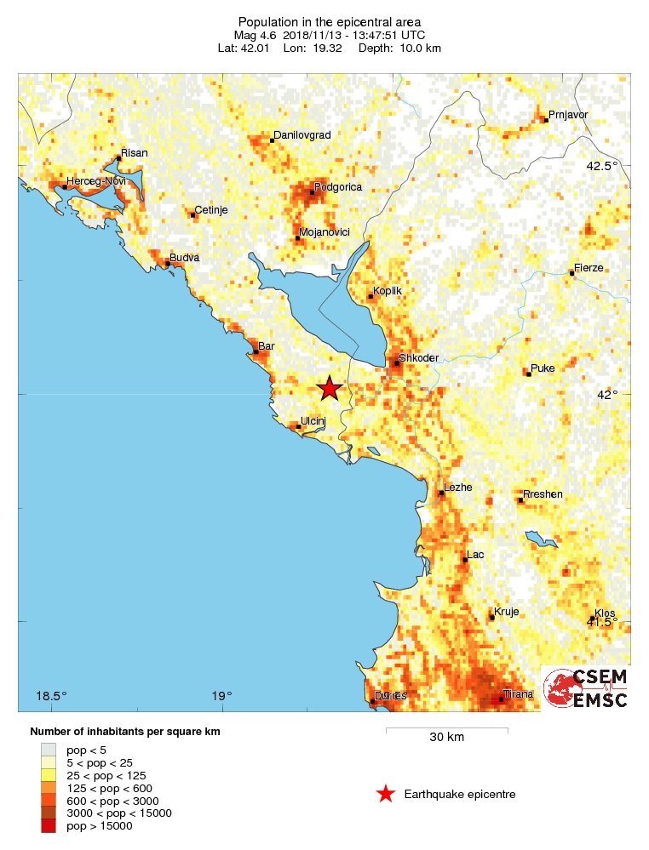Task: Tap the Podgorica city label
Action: click(338, 186)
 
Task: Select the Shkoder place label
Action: click(418, 358)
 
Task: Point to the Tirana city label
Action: click(518, 694)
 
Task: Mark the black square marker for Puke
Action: click(528, 374)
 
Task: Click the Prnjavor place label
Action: click(569, 115)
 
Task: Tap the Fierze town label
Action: click(589, 267)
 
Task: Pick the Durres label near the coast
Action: click(391, 695)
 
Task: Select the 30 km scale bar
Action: click(446, 730)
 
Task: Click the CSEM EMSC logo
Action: click(587, 687)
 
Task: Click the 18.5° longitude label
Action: click(51, 696)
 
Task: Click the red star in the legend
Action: click(386, 794)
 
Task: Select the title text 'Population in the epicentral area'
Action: click(329, 21)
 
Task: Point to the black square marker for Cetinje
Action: click(192, 215)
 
